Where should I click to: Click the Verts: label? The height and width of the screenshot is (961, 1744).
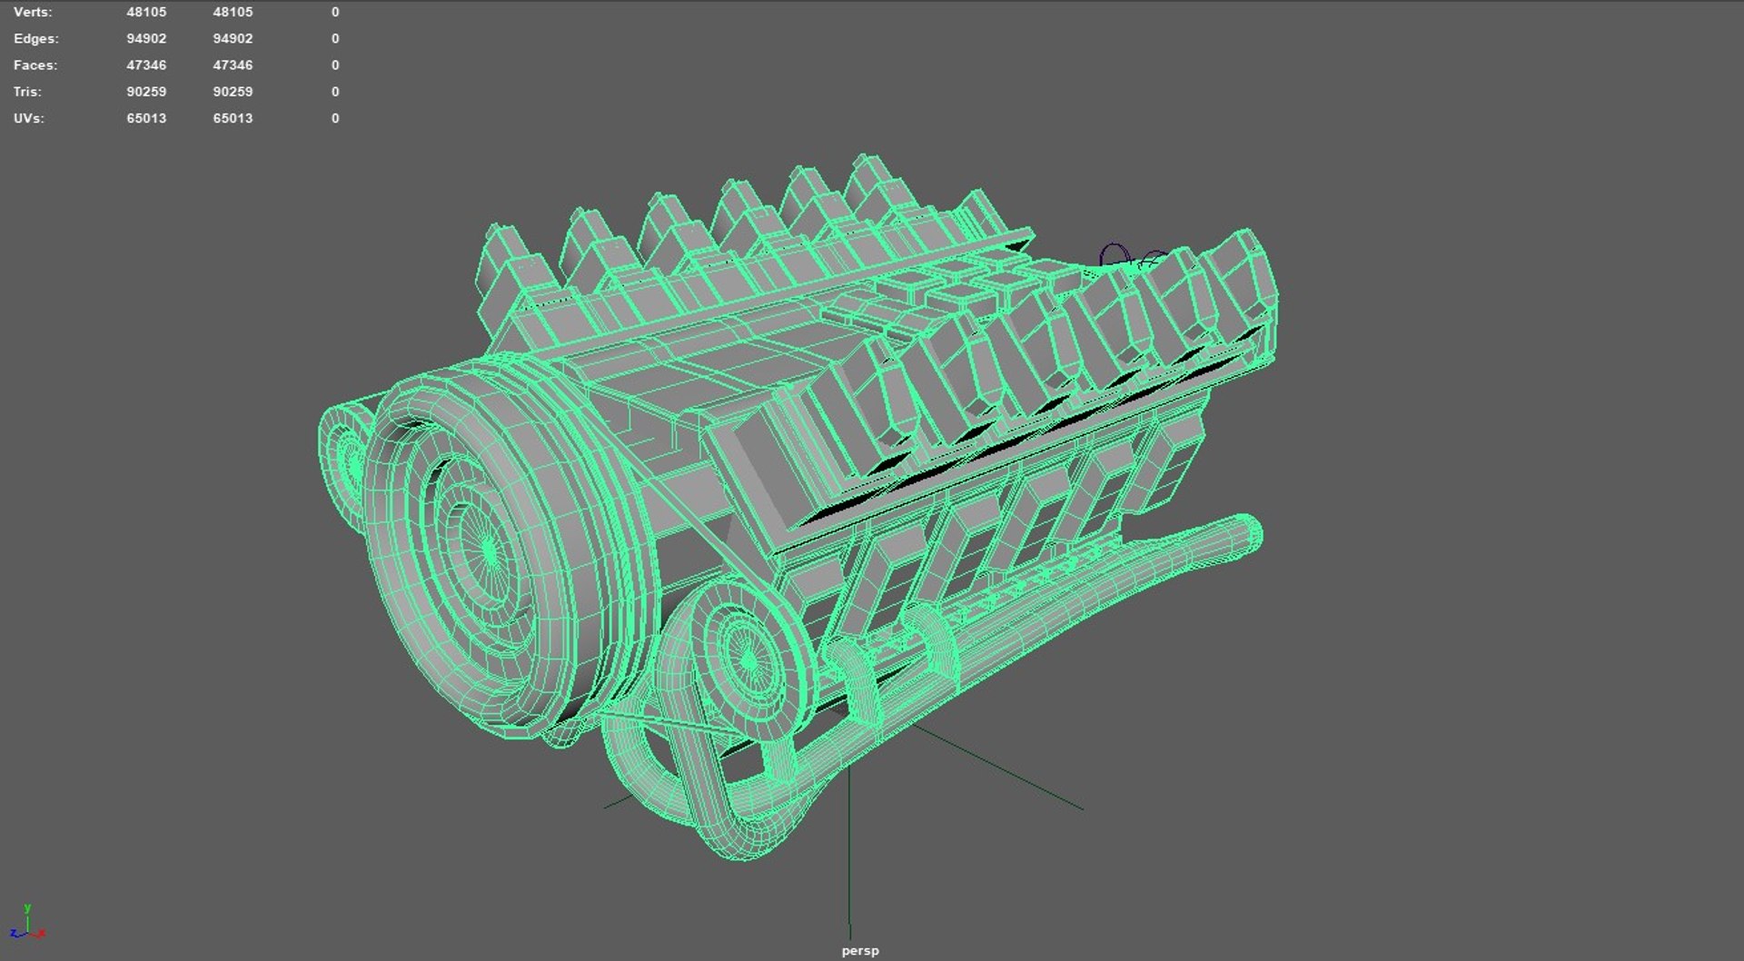(x=33, y=12)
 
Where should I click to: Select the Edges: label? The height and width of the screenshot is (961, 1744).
(x=35, y=38)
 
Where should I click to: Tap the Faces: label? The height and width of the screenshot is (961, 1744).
(x=35, y=65)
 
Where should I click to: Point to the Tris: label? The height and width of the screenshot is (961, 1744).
(x=27, y=92)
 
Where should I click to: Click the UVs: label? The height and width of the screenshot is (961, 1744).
(x=29, y=118)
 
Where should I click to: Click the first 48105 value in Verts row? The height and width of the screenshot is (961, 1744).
(x=146, y=12)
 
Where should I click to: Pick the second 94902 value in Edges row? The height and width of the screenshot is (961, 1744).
(x=233, y=38)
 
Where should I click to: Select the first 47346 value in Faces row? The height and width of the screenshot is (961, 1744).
(x=146, y=65)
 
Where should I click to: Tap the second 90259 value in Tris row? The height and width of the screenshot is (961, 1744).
(x=233, y=92)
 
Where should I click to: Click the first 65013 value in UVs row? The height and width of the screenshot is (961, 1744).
(x=146, y=118)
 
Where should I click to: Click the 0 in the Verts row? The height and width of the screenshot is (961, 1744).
(x=335, y=12)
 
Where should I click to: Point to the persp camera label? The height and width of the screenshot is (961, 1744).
(x=860, y=951)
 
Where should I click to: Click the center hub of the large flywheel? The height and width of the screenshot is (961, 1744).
(x=488, y=549)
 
